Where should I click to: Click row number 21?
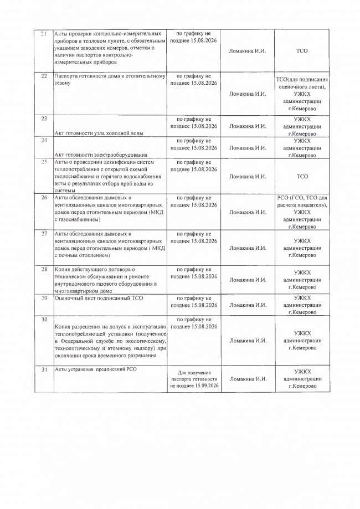[x=43, y=34]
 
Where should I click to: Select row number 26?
[x=43, y=197]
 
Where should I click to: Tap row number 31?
[x=43, y=369]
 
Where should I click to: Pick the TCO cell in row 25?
[x=302, y=177]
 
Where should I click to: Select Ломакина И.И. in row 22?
[x=248, y=94]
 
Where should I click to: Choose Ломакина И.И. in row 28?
[x=248, y=280]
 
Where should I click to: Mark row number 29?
[x=43, y=299]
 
